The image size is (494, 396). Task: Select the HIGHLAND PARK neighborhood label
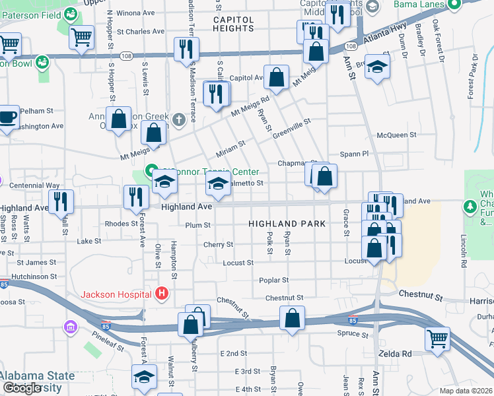click(287, 224)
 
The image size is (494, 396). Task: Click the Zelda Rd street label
click(395, 354)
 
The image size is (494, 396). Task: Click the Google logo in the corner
click(22, 388)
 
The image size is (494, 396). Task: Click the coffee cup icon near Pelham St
click(7, 117)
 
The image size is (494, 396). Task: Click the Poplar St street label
click(273, 280)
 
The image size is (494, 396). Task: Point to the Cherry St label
click(219, 244)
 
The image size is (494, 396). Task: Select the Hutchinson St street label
click(34, 277)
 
